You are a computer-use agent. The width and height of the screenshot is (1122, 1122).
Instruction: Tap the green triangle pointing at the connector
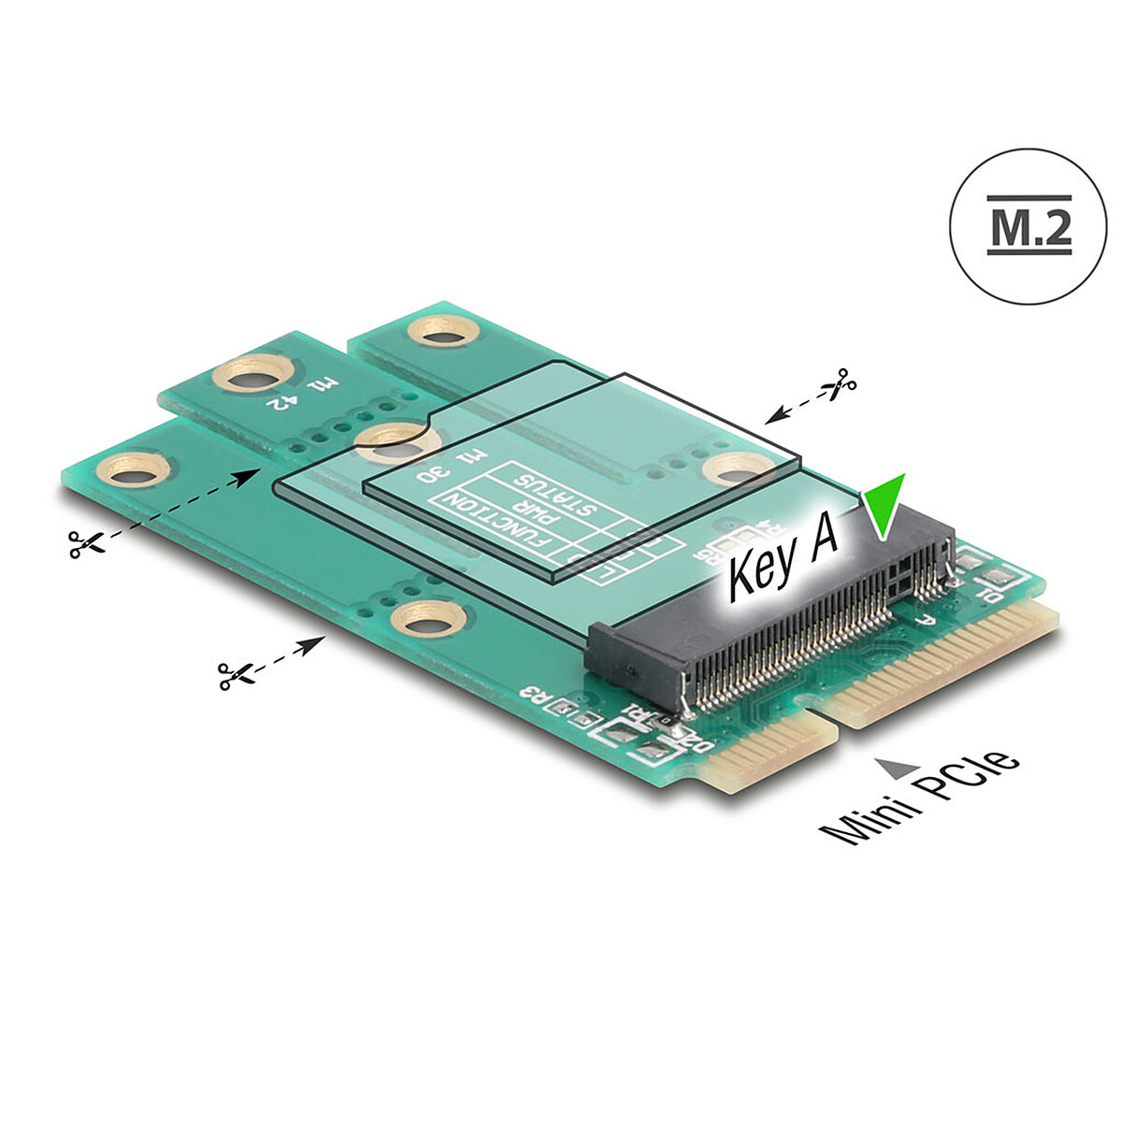tap(884, 506)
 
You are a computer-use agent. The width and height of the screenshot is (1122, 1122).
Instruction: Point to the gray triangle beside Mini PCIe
tap(896, 768)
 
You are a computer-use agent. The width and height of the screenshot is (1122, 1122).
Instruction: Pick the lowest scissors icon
tap(233, 674)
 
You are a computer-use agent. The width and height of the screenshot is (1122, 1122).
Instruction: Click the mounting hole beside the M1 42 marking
tap(246, 377)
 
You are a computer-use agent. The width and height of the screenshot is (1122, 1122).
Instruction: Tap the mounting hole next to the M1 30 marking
tap(392, 440)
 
